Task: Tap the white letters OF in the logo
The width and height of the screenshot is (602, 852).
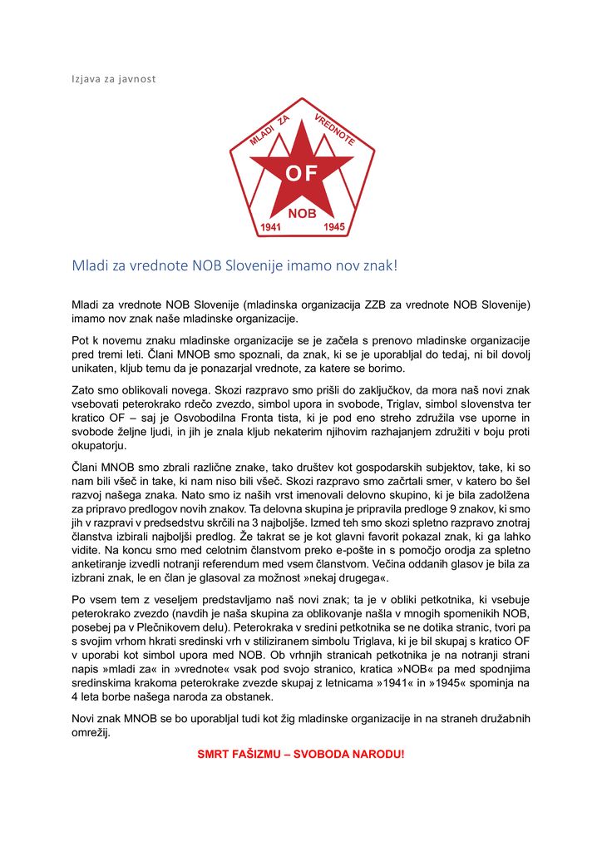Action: (301, 174)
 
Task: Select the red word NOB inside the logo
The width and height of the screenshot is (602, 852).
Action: (302, 214)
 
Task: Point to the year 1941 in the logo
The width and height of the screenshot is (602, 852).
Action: (273, 226)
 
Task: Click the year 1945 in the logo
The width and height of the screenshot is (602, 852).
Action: (333, 226)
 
